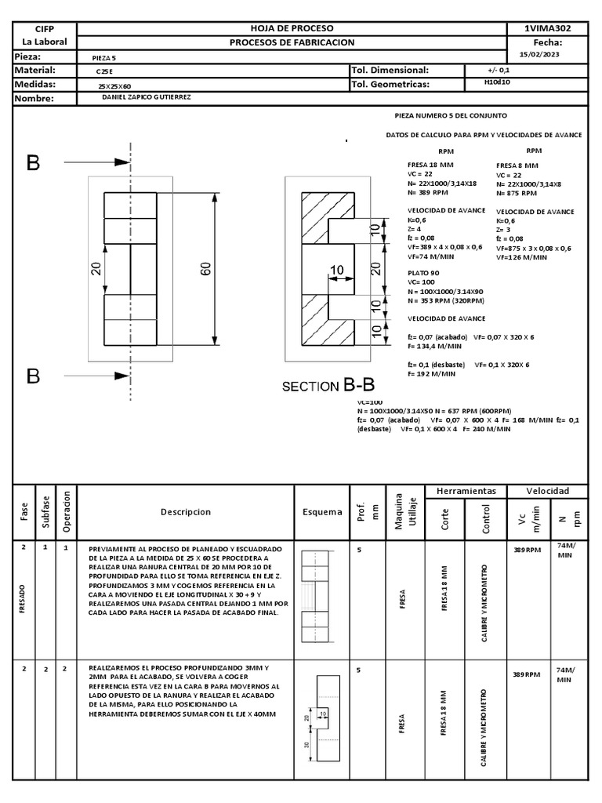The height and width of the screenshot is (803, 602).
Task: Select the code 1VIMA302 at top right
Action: pyautogui.click(x=547, y=28)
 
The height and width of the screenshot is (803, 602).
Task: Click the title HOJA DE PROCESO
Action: pyautogui.click(x=292, y=28)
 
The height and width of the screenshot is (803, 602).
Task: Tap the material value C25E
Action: pyautogui.click(x=104, y=71)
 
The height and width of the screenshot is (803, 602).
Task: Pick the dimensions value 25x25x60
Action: pyautogui.click(x=114, y=85)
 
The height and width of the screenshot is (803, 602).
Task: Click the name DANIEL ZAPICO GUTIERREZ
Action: pyautogui.click(x=147, y=97)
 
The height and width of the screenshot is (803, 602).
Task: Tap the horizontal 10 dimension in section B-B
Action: pyautogui.click(x=337, y=271)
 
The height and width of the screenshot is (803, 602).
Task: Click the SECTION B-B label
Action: pyautogui.click(x=328, y=385)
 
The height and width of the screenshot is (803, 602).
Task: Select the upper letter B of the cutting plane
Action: pyautogui.click(x=33, y=163)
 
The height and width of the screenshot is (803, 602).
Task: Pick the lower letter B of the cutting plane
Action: pyautogui.click(x=33, y=376)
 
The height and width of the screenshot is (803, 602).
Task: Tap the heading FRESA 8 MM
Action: pyautogui.click(x=517, y=166)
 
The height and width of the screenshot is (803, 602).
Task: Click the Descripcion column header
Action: pyautogui.click(x=186, y=511)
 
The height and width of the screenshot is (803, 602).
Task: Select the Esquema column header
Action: pyautogui.click(x=322, y=512)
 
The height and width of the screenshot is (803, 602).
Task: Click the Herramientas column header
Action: pyautogui.click(x=466, y=491)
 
